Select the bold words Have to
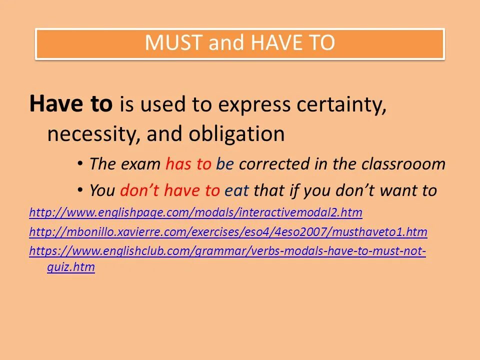(x=71, y=104)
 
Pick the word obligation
(x=236, y=134)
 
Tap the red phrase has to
(x=188, y=164)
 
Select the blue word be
(x=225, y=164)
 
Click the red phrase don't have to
(x=169, y=190)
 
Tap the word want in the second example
(x=398, y=190)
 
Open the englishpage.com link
(x=195, y=213)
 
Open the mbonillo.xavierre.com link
(x=228, y=232)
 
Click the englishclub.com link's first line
(x=227, y=251)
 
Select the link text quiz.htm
(x=71, y=267)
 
